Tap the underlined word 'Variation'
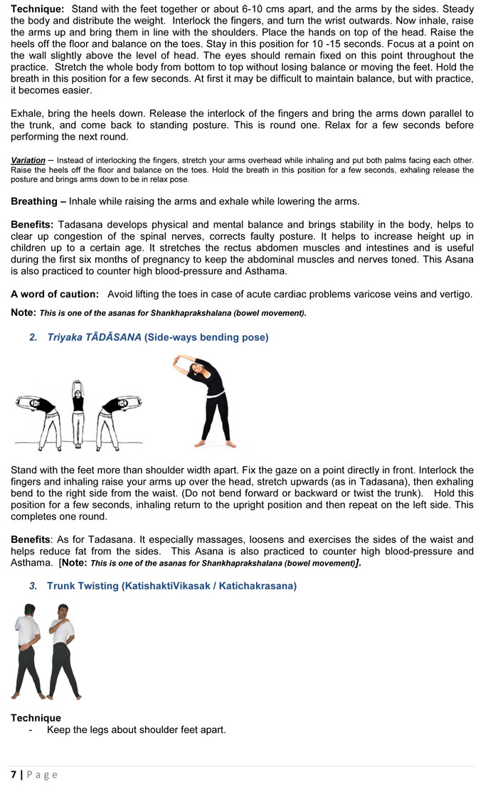coord(28,160)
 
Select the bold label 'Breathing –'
coord(38,201)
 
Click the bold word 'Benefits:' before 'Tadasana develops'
coord(33,225)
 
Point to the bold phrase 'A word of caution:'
coord(55,294)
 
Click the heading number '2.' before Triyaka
coord(33,337)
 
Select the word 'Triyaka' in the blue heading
coord(65,337)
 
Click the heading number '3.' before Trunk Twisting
coord(33,586)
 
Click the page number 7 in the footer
coord(14,774)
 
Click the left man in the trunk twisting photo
coord(29,650)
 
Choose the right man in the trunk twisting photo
coord(63,650)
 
